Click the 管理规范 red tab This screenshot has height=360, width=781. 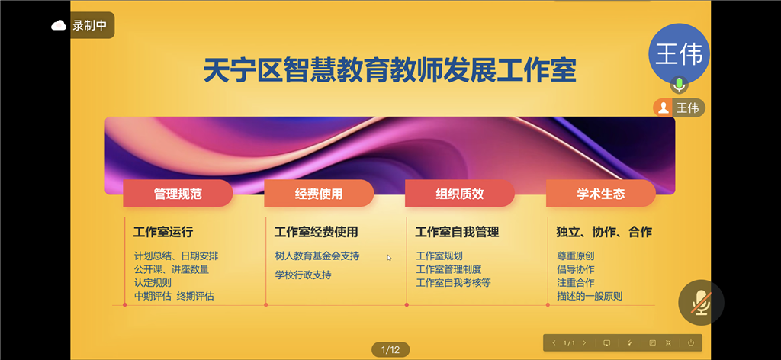(x=178, y=193)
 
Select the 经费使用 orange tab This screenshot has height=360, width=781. (x=319, y=193)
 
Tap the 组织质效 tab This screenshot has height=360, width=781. (x=460, y=193)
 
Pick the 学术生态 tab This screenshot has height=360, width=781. (x=601, y=193)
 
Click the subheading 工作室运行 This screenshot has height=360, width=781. (x=163, y=232)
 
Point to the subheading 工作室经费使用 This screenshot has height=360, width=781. (x=317, y=232)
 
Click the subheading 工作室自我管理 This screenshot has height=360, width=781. (x=458, y=232)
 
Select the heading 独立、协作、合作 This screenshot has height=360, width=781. (x=604, y=232)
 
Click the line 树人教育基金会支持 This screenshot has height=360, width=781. (x=317, y=256)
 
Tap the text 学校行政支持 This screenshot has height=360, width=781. (x=304, y=275)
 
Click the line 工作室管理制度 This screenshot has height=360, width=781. (x=448, y=269)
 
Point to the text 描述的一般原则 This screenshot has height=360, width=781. (x=590, y=296)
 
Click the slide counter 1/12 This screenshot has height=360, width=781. (x=390, y=349)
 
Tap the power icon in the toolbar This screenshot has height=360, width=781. (x=691, y=342)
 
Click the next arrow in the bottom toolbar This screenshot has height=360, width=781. (x=584, y=342)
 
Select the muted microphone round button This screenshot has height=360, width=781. (x=702, y=303)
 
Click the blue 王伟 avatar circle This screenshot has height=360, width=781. (x=678, y=54)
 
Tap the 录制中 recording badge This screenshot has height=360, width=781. (x=82, y=25)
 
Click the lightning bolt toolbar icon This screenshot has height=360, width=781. (x=629, y=342)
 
